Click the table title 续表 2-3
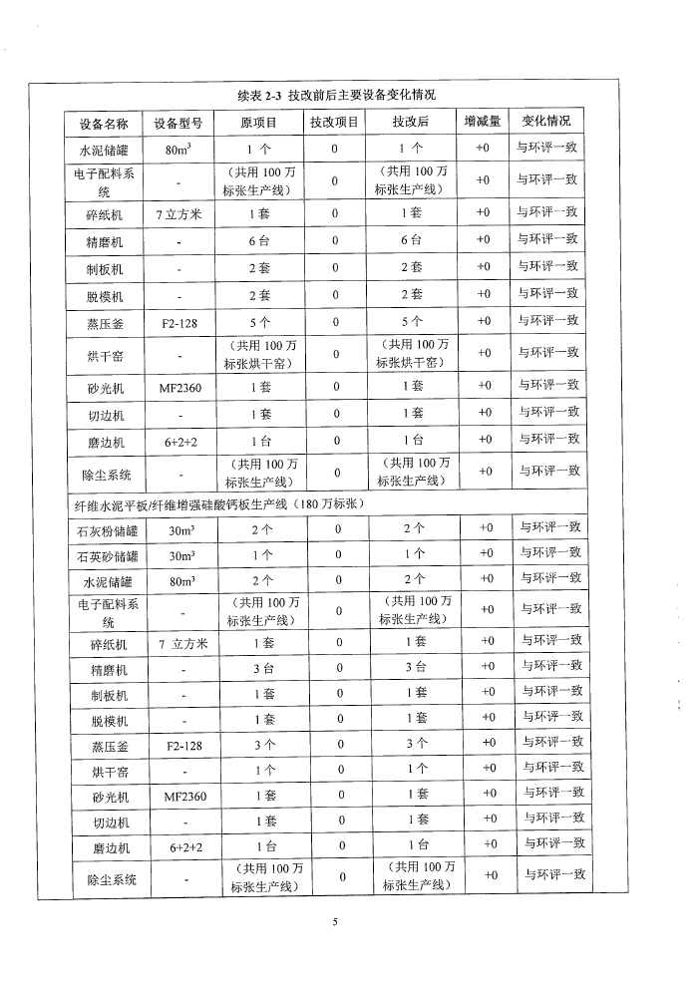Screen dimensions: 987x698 [x=336, y=95]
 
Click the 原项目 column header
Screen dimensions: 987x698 [x=258, y=122]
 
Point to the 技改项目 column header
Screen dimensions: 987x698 [x=334, y=122]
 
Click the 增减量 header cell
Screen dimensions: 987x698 [x=483, y=122]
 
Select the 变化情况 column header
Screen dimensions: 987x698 [x=546, y=121]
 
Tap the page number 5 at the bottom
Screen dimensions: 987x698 [x=336, y=921]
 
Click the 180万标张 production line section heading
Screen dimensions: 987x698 [x=216, y=502]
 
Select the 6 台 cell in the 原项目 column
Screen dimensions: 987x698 [x=260, y=240]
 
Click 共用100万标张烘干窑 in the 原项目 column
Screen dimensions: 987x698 [x=258, y=354]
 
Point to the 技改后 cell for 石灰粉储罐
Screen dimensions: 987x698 [x=414, y=528]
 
